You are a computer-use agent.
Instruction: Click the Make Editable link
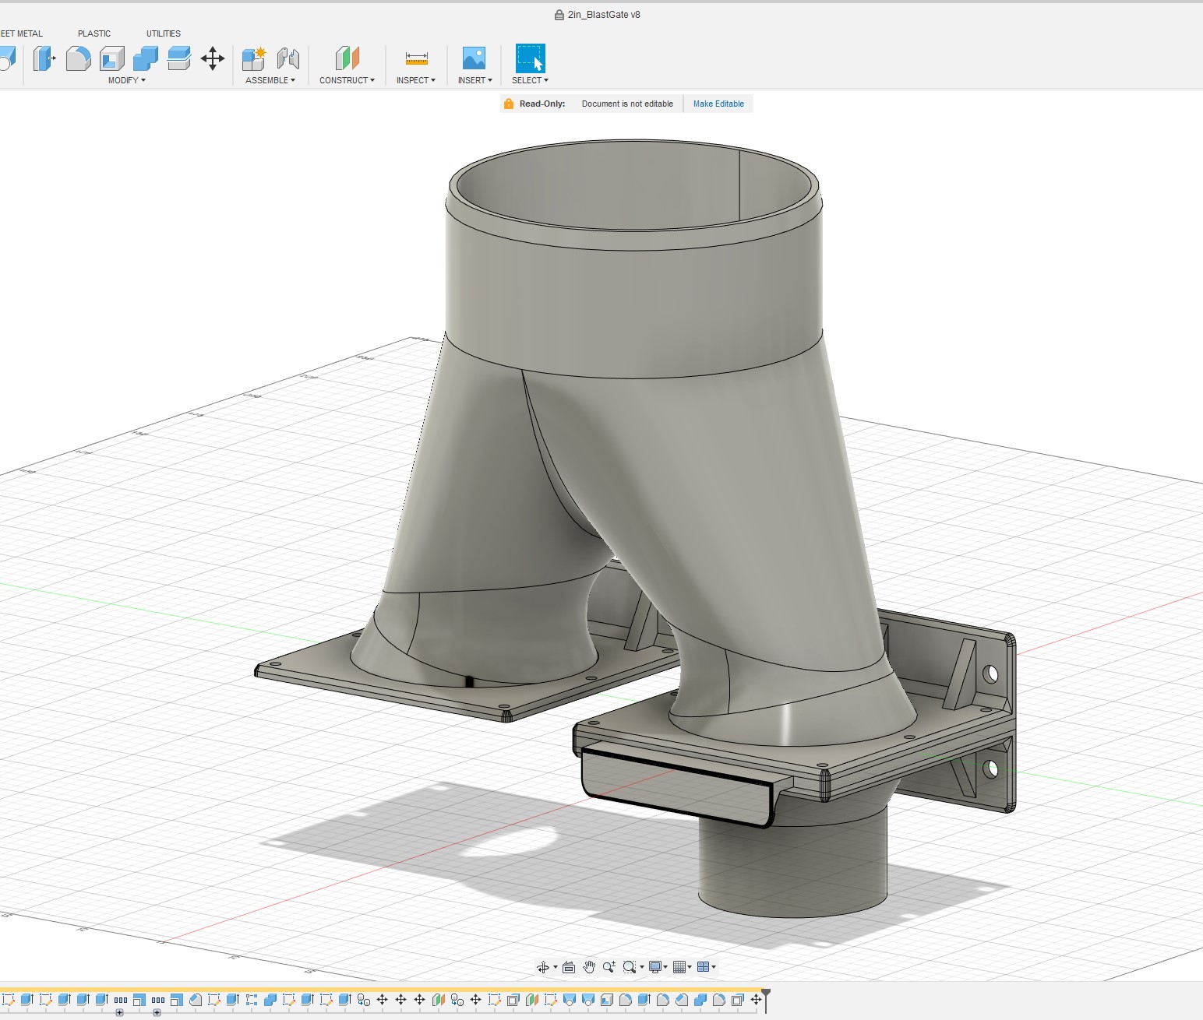[x=718, y=104]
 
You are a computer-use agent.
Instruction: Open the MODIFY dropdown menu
[x=126, y=80]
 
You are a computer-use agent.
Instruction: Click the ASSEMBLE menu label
[x=270, y=80]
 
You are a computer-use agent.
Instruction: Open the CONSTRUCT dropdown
[x=347, y=80]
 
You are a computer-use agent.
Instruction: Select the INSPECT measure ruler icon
[x=416, y=58]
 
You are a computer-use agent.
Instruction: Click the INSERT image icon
[x=474, y=58]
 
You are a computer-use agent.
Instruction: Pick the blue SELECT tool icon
[x=530, y=58]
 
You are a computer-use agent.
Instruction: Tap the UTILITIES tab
[x=163, y=33]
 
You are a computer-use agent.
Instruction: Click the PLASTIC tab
[x=94, y=33]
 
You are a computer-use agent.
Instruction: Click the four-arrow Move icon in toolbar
[x=213, y=58]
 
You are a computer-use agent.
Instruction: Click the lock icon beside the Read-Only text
[x=509, y=104]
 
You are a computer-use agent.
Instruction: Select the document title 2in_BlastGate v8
[x=603, y=15]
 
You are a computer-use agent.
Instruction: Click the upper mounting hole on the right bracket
[x=990, y=674]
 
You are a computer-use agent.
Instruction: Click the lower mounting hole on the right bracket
[x=990, y=769]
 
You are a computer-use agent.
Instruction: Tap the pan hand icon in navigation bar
[x=589, y=967]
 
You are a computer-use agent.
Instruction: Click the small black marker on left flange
[x=469, y=682]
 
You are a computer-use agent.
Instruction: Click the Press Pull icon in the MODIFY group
[x=44, y=58]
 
